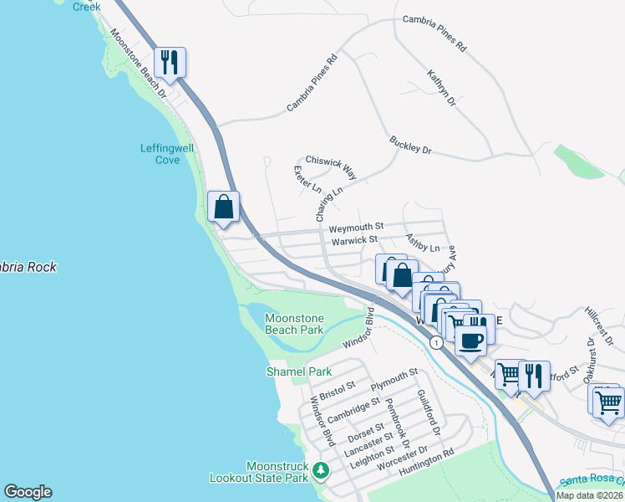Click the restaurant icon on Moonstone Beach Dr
tap(170, 63)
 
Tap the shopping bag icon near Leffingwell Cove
tap(224, 207)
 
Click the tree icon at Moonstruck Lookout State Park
tap(320, 472)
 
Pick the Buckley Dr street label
tap(409, 145)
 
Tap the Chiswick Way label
tap(331, 166)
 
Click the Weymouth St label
tap(355, 227)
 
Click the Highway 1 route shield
tap(435, 342)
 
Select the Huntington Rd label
tap(426, 464)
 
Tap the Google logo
tap(28, 492)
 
